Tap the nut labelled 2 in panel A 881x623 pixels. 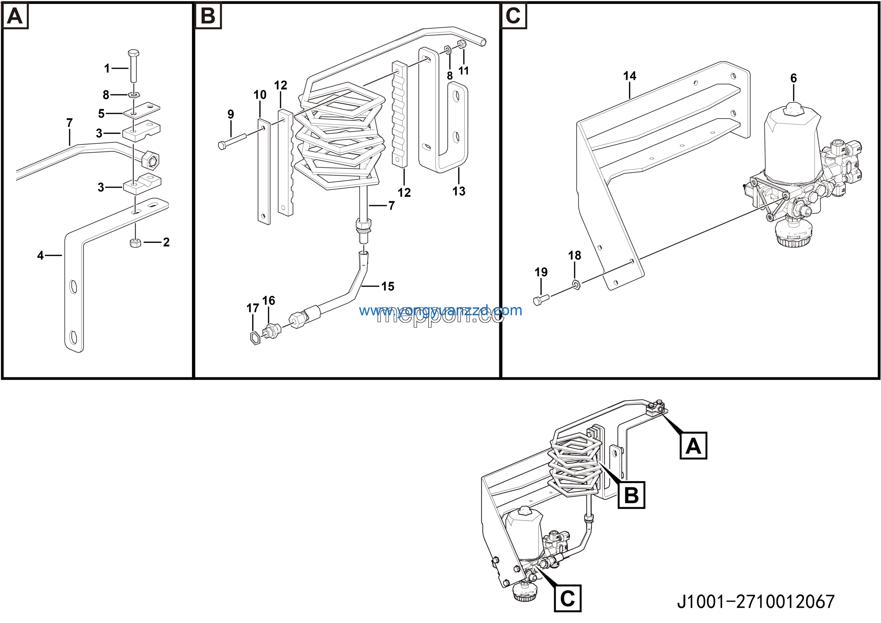135,243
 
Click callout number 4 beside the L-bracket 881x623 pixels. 40,255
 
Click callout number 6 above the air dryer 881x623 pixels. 794,78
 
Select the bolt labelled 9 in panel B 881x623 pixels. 233,141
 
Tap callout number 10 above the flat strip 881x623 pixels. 260,95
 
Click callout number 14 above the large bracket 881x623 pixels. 630,76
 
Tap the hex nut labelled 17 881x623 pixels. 255,338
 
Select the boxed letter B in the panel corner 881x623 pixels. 208,16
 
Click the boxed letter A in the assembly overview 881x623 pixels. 693,446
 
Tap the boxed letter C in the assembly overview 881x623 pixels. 567,598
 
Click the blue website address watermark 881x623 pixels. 440,310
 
